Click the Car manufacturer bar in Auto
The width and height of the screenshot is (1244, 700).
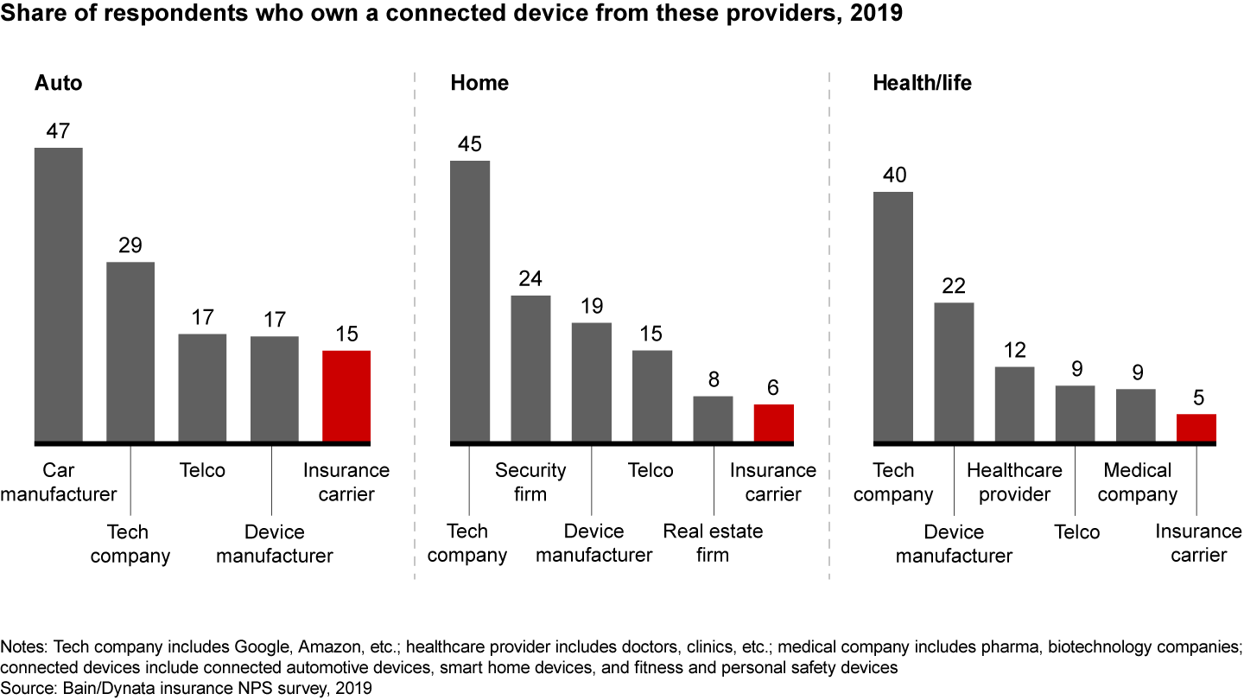pyautogui.click(x=59, y=295)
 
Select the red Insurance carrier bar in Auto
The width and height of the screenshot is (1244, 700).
pyautogui.click(x=346, y=397)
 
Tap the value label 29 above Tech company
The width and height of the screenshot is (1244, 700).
pyautogui.click(x=130, y=245)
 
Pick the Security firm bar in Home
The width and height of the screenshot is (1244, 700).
pyautogui.click(x=530, y=369)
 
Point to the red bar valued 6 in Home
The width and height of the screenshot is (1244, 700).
pyautogui.click(x=773, y=423)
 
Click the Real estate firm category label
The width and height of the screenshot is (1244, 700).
pyautogui.click(x=713, y=543)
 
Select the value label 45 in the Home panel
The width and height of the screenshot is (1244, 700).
pyautogui.click(x=470, y=144)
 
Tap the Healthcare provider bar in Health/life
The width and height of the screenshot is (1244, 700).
pyautogui.click(x=1014, y=404)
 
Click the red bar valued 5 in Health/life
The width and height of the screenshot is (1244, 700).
pyautogui.click(x=1196, y=429)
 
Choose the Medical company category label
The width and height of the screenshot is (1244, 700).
pyautogui.click(x=1137, y=482)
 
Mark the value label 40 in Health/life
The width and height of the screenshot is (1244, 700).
pyautogui.click(x=893, y=175)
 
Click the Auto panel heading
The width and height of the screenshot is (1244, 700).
pyautogui.click(x=59, y=83)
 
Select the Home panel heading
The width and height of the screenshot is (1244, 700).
pyautogui.click(x=479, y=83)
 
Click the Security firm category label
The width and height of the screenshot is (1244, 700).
pyautogui.click(x=530, y=482)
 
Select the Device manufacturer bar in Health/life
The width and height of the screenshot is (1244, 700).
pyautogui.click(x=954, y=372)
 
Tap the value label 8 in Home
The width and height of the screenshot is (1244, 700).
pyautogui.click(x=713, y=379)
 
